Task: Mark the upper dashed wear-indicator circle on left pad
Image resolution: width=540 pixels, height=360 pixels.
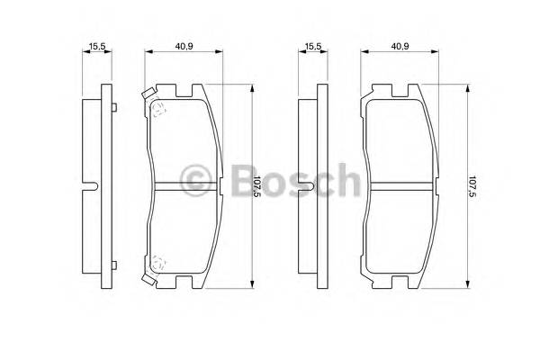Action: point(158,110)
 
